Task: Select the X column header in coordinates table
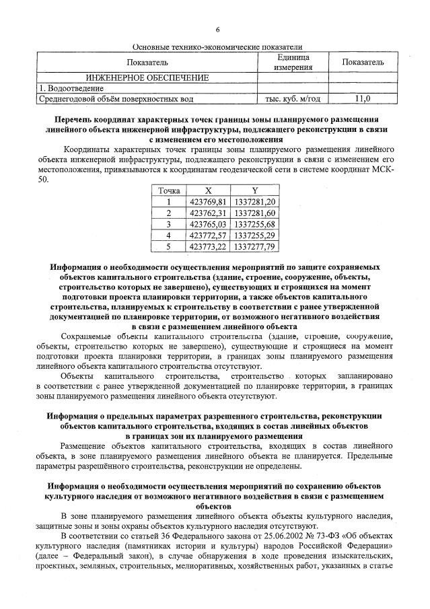[x=207, y=191]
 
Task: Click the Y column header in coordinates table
[x=254, y=191]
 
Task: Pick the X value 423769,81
[x=207, y=201]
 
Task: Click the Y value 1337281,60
[x=254, y=213]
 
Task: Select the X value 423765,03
[x=207, y=224]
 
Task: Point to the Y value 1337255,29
[x=254, y=236]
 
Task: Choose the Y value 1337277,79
[x=254, y=247]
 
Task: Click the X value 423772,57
[x=207, y=236]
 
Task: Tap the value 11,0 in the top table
[x=363, y=99]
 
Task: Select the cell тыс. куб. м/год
[x=293, y=99]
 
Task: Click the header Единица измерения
[x=293, y=62]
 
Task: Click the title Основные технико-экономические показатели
[x=217, y=46]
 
